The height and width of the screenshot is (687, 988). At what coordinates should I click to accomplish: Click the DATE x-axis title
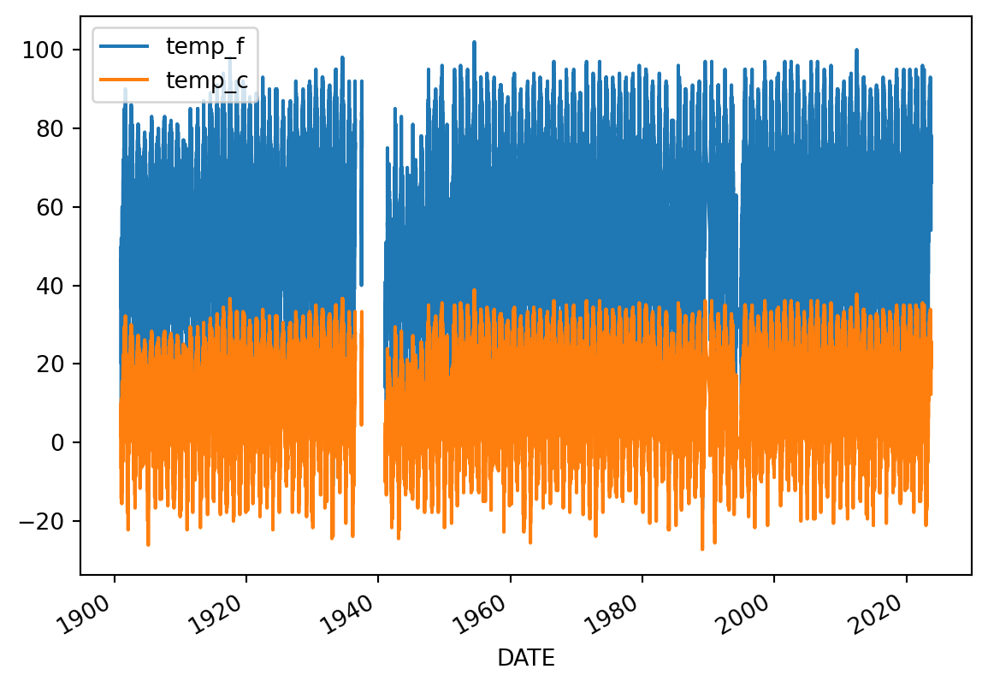pyautogui.click(x=525, y=658)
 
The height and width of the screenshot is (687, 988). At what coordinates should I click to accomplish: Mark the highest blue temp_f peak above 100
pyautogui.click(x=474, y=42)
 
